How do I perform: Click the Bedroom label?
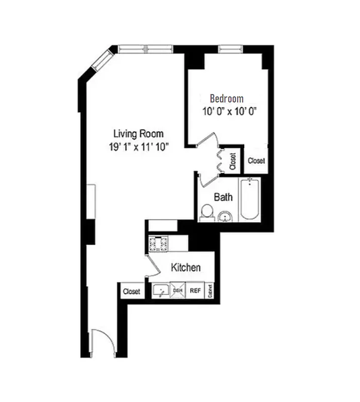[226, 98]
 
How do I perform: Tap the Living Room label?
[138, 134]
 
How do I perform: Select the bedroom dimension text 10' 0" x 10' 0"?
[227, 112]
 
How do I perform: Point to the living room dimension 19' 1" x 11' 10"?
[138, 147]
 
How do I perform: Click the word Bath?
[223, 197]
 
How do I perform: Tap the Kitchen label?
[186, 267]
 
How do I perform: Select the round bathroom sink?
[226, 217]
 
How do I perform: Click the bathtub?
[250, 199]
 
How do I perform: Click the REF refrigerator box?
[195, 290]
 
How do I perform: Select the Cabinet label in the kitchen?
[210, 291]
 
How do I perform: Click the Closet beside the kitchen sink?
[132, 291]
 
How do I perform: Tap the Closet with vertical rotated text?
[233, 161]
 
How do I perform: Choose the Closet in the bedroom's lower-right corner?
[256, 161]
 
